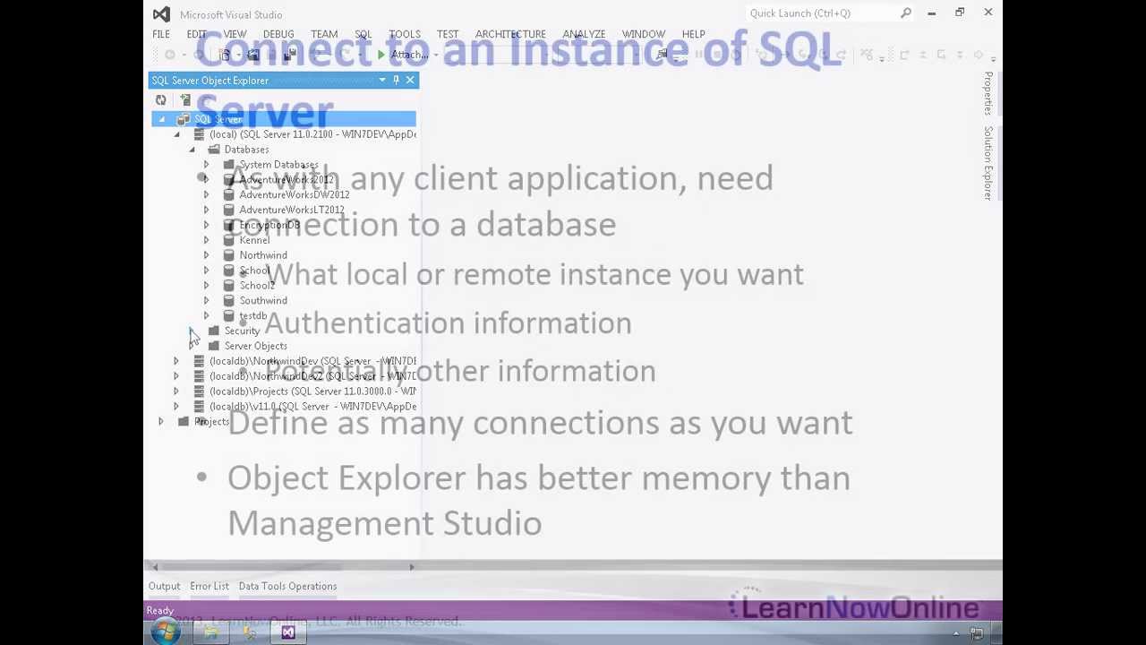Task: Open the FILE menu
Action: (161, 34)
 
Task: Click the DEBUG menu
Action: (278, 34)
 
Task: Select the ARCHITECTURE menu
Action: (510, 34)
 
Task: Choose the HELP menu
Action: (693, 34)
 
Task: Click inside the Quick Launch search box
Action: (819, 13)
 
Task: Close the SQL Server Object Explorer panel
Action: (410, 81)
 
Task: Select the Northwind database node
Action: (263, 255)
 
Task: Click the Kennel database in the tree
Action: (254, 240)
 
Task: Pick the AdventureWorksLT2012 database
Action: (291, 210)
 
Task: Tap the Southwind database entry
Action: (263, 301)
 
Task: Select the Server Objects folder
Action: (255, 346)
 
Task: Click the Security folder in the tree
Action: (242, 331)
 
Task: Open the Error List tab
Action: (209, 586)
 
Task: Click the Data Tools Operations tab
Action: (287, 586)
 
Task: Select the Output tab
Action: (164, 586)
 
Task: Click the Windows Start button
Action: (165, 632)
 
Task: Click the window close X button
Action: (988, 13)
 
